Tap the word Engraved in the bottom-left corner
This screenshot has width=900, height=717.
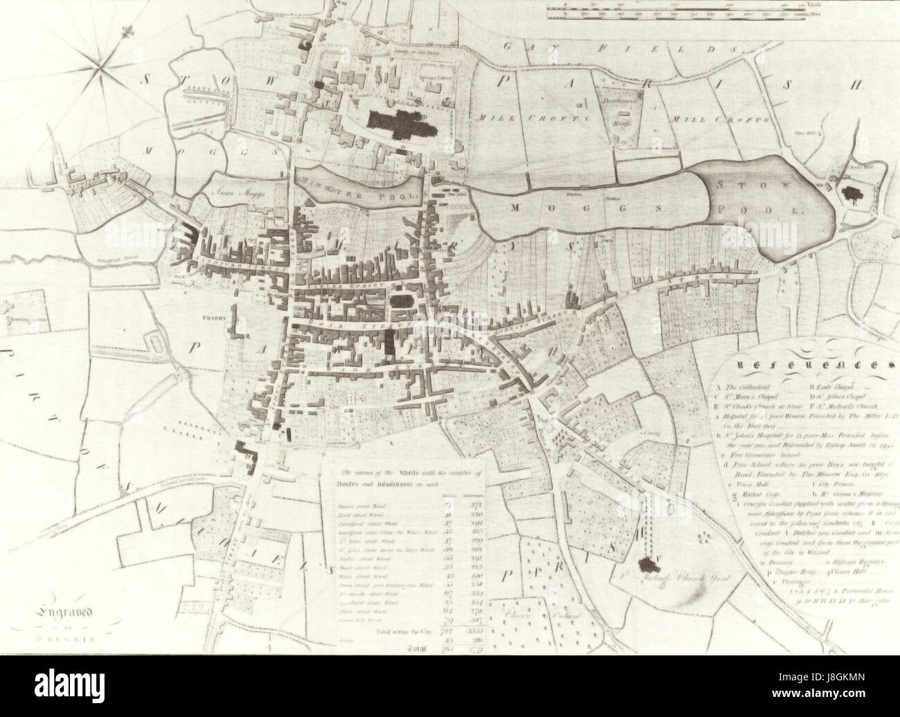(x=64, y=611)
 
